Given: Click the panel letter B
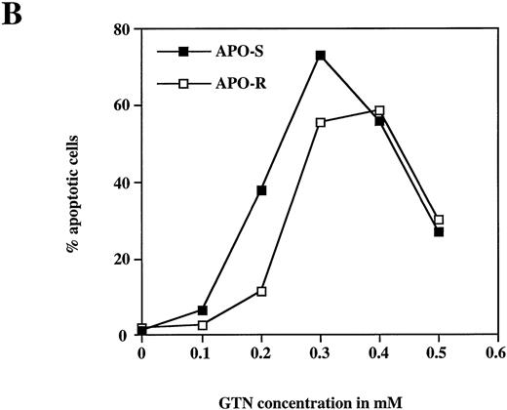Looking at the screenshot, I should (x=13, y=16).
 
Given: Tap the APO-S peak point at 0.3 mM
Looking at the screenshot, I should (x=320, y=56).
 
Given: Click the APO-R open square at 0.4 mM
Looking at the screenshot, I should (x=379, y=111).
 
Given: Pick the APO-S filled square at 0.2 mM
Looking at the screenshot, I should (x=261, y=190).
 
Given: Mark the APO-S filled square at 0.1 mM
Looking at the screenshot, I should (x=202, y=310).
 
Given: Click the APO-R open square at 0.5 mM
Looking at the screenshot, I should (x=439, y=220).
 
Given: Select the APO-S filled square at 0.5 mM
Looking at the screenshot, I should (x=439, y=231).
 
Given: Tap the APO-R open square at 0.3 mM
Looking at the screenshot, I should (x=320, y=122).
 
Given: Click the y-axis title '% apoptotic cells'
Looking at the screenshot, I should (x=73, y=183).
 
